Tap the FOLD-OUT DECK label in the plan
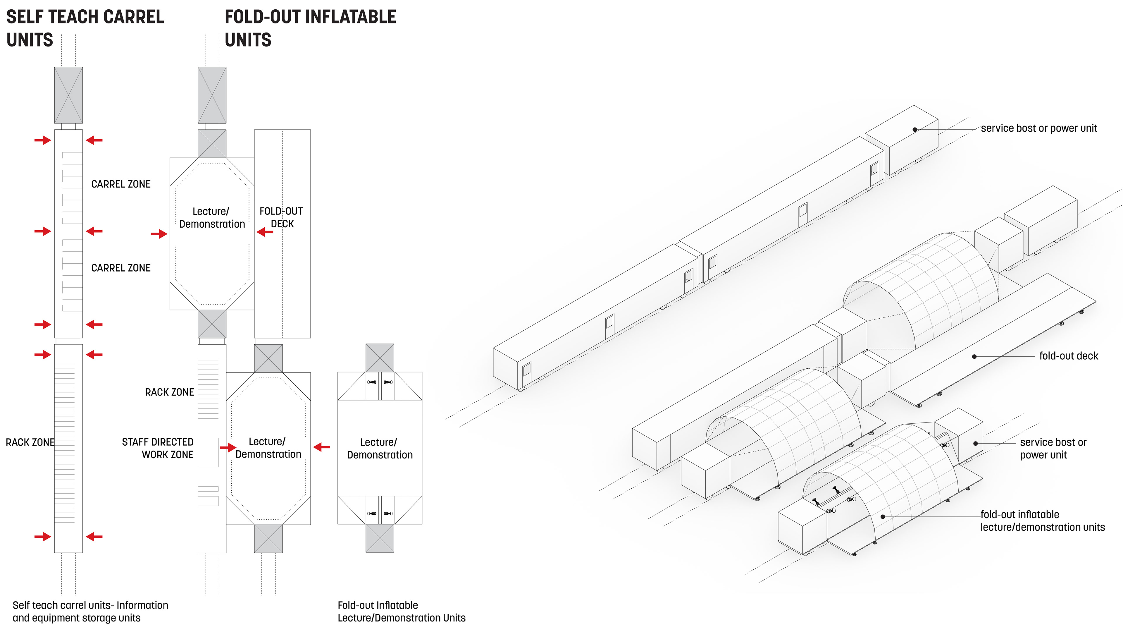[x=282, y=217]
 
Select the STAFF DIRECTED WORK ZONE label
[x=158, y=448]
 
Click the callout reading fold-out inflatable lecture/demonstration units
[x=1042, y=521]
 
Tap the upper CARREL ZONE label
[x=121, y=184]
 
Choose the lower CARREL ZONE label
[x=121, y=268]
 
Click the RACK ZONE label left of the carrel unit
[x=30, y=442]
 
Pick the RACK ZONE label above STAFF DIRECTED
[x=170, y=392]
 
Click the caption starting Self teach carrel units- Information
[x=90, y=612]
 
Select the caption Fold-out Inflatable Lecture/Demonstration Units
[x=401, y=612]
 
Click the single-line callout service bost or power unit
[x=1038, y=128]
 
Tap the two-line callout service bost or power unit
[x=1053, y=448]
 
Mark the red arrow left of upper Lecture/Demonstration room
[x=159, y=234]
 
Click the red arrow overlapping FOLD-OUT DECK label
[x=265, y=232]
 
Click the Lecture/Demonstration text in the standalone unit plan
[x=380, y=448]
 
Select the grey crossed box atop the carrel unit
[x=68, y=95]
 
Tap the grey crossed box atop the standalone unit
[x=380, y=358]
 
